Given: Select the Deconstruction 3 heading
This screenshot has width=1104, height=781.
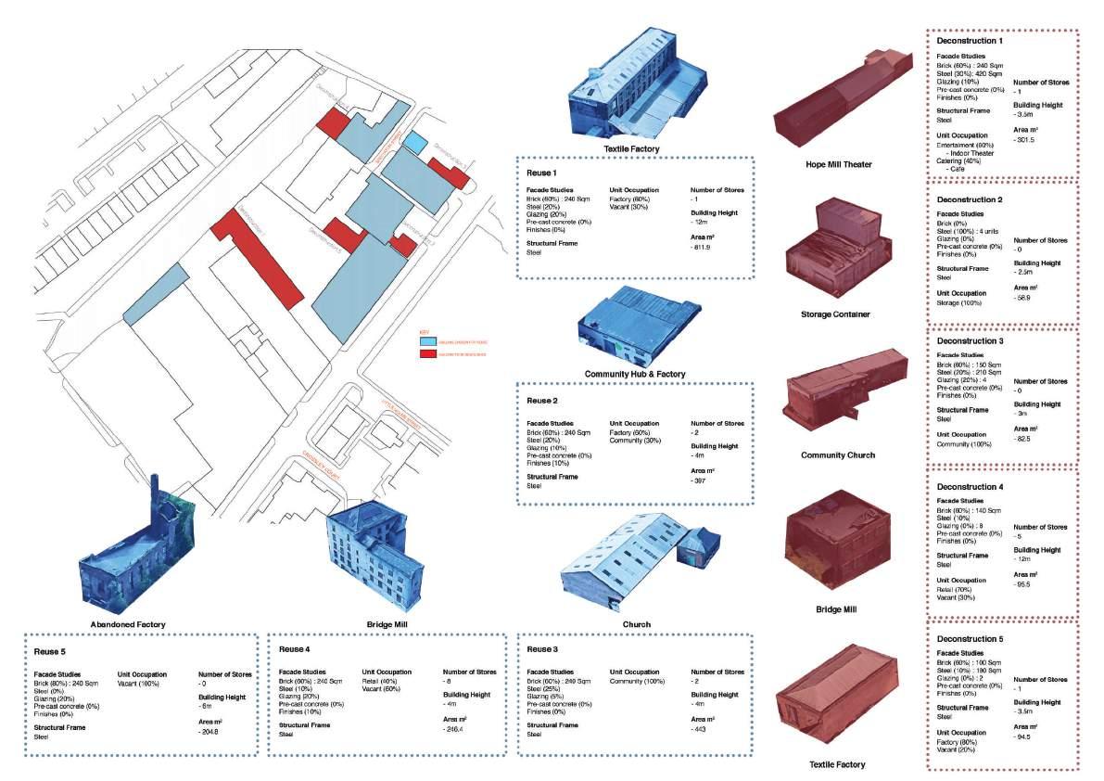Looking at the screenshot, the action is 970,342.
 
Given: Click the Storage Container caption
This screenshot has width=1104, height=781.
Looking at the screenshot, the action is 835,314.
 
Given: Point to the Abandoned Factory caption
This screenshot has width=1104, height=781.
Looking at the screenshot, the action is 129,624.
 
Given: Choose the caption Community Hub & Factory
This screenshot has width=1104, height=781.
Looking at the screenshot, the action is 635,374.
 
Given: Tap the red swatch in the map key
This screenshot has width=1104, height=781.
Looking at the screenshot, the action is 428,354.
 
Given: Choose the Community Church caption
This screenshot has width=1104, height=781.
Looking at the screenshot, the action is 837,455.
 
